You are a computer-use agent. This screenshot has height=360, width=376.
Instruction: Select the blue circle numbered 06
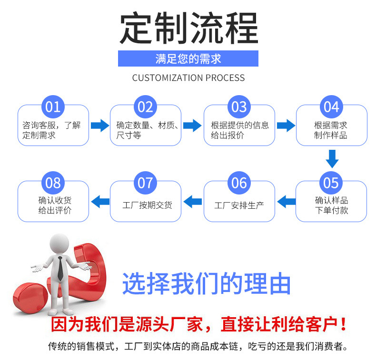tap(239, 183)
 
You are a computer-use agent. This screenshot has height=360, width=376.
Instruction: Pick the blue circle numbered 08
tap(53, 183)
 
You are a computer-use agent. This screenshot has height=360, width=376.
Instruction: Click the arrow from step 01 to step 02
tap(99, 126)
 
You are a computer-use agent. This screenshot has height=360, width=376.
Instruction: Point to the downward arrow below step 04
tap(332, 158)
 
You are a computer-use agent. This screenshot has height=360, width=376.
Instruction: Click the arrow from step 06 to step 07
tap(192, 202)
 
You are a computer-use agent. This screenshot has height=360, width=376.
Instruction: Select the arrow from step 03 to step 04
tap(286, 126)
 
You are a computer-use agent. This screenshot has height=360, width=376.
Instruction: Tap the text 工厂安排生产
tap(239, 205)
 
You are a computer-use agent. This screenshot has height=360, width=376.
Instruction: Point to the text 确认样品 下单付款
tap(332, 205)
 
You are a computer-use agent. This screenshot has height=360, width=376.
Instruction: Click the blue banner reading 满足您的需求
tap(188, 59)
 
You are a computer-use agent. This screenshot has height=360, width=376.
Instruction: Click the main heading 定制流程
tap(188, 29)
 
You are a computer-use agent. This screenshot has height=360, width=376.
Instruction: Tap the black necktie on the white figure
tap(60, 269)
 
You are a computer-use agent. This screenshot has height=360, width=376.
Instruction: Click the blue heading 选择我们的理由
tap(207, 284)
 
